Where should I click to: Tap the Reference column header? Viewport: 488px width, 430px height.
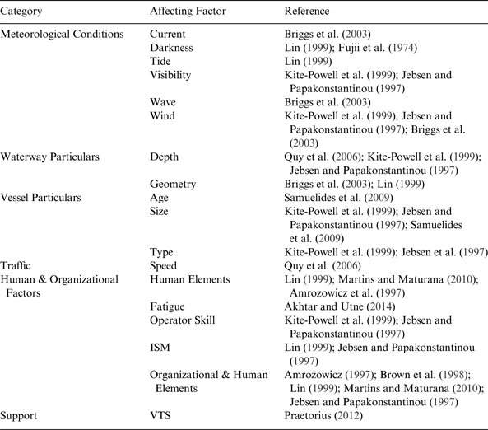click(x=306, y=12)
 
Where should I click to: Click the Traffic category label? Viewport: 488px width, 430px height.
click(x=16, y=266)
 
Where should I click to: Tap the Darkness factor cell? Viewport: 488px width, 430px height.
click(x=171, y=49)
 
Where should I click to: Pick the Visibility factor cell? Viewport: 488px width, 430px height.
click(x=170, y=75)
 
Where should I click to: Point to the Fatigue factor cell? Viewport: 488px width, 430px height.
click(x=168, y=306)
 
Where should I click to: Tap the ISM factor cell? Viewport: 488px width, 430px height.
click(x=160, y=348)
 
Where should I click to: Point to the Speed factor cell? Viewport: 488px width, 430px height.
click(x=163, y=266)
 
